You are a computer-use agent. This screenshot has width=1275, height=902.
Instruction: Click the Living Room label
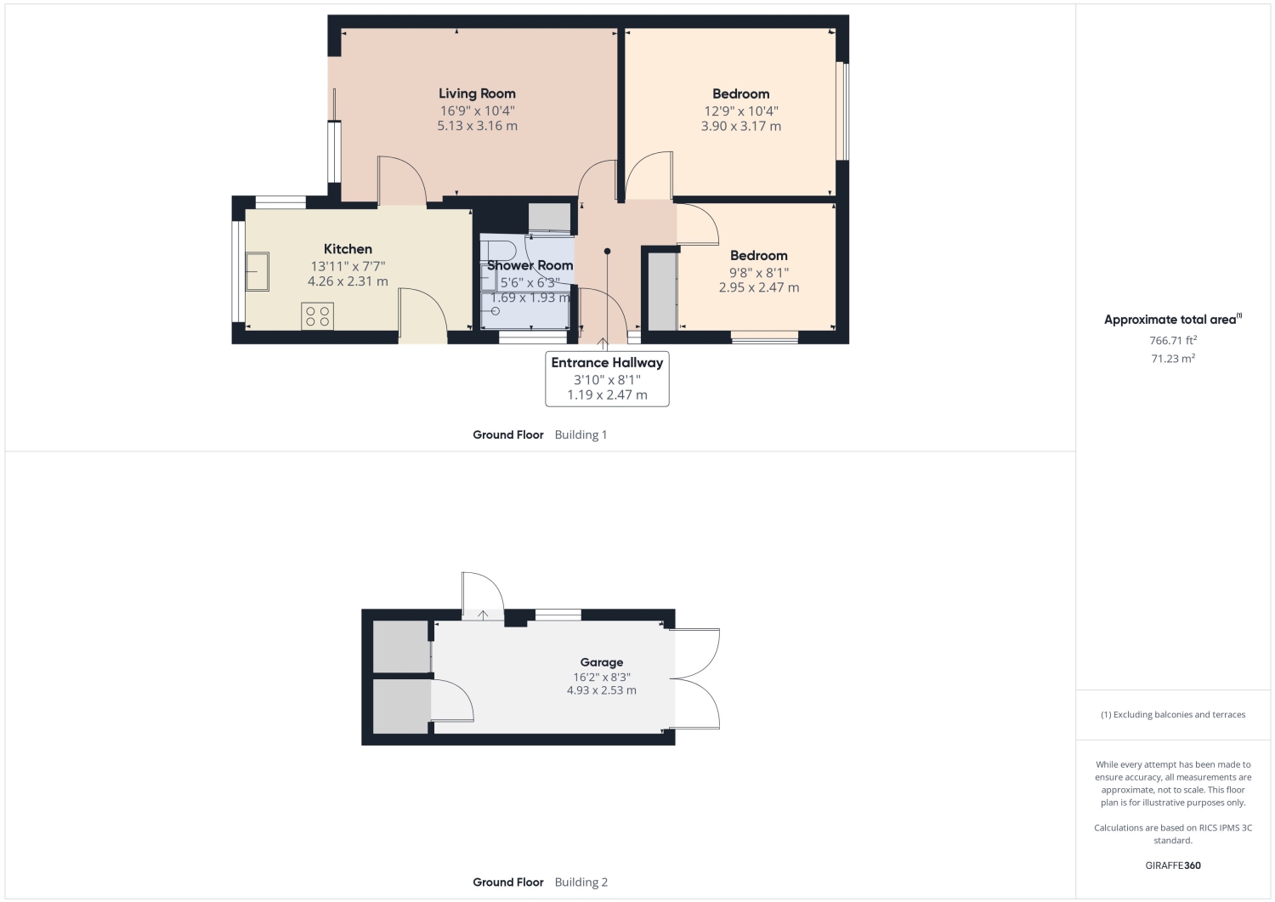(x=477, y=94)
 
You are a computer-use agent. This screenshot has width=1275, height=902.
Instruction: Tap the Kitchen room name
(x=348, y=249)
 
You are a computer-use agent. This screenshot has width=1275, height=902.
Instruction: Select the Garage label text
(x=602, y=662)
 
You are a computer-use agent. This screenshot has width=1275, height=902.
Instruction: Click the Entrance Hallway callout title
(x=607, y=363)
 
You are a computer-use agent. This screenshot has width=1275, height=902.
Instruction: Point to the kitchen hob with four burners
(x=317, y=316)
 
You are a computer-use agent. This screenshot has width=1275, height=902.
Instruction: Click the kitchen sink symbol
(x=257, y=272)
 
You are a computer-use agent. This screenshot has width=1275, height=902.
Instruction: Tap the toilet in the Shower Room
(x=499, y=249)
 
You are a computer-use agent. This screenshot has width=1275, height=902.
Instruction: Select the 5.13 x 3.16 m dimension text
(x=477, y=126)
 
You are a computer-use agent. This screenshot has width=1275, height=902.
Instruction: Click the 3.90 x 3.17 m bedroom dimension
(x=740, y=127)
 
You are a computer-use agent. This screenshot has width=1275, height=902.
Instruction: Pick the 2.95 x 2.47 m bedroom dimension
(x=759, y=287)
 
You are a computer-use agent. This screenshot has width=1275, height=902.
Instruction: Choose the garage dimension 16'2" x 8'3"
(x=602, y=677)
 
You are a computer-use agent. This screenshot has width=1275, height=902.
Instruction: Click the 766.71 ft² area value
(x=1172, y=341)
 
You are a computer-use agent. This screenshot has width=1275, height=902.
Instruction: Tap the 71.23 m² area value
(x=1172, y=359)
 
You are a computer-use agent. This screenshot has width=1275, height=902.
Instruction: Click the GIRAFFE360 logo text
(x=1172, y=865)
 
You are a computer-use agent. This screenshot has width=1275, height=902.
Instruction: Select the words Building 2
(x=581, y=882)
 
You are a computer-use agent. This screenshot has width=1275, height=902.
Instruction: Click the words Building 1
(x=581, y=435)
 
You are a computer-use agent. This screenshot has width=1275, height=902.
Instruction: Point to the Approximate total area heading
(x=1172, y=320)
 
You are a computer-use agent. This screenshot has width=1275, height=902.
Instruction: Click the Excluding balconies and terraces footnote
(x=1172, y=715)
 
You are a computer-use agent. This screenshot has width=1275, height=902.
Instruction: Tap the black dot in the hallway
(x=608, y=251)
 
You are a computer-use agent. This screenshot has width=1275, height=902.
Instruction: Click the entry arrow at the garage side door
(x=483, y=615)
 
